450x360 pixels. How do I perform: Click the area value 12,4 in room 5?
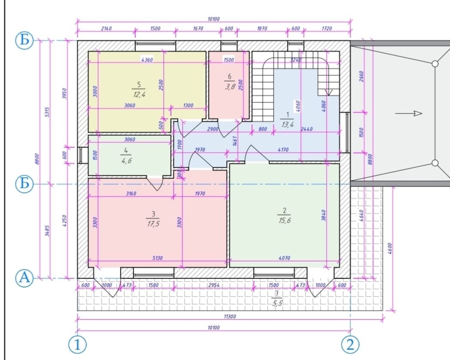pos(139,95)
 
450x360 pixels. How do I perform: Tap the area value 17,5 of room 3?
pos(153,224)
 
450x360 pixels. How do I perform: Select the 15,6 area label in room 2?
pos(284,220)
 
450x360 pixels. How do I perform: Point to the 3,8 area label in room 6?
pos(230,87)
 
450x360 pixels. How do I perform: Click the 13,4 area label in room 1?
pos(288,125)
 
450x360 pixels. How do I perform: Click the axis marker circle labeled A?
pos(24,278)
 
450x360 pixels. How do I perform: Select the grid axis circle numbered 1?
pos(77,345)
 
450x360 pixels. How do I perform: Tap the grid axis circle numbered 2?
pos(350,345)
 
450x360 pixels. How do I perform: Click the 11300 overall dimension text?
pos(230,316)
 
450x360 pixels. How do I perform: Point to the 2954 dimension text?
pos(214,285)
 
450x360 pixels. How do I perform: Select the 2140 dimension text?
pos(107,28)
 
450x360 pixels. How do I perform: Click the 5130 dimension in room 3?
pos(157,258)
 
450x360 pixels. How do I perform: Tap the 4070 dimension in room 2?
pos(284,258)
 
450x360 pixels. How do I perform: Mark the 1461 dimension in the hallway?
pos(235,141)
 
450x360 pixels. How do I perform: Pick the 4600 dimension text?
pos(390,248)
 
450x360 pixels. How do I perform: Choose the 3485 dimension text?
pos(48,231)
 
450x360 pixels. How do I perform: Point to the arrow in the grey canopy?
pos(408,114)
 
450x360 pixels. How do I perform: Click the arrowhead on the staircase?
pos(329,92)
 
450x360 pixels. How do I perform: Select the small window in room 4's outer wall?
pos(81,155)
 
